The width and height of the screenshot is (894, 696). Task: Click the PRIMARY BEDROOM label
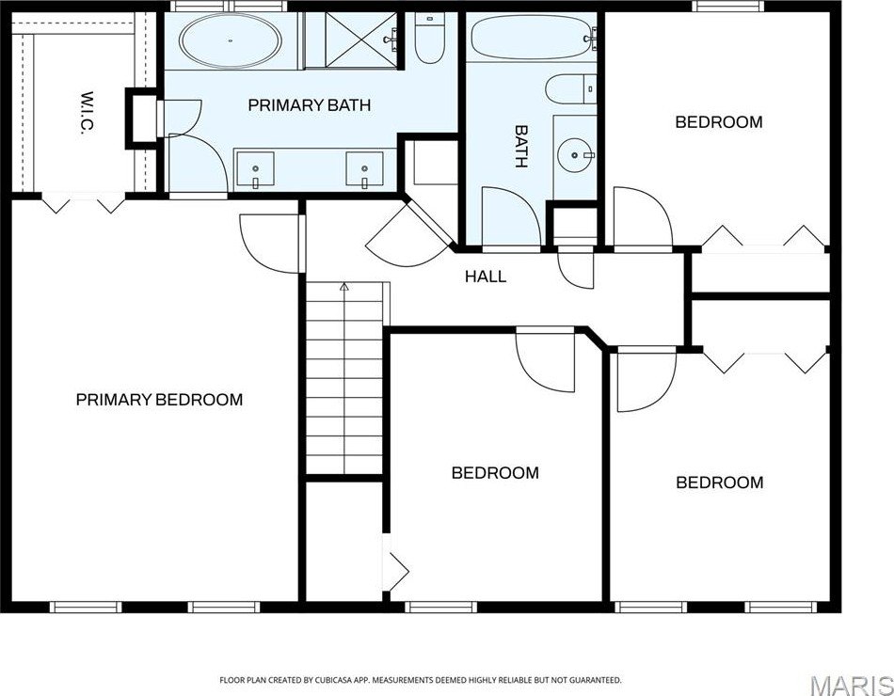[x=159, y=400]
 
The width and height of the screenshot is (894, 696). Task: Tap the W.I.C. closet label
[x=84, y=114]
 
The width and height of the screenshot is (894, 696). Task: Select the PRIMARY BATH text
[x=309, y=105]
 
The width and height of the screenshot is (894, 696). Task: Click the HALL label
[x=486, y=277]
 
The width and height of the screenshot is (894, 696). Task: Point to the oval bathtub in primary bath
[x=230, y=41]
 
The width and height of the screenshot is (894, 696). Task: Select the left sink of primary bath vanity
[x=255, y=169]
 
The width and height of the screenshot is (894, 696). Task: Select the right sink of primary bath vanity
[x=364, y=169]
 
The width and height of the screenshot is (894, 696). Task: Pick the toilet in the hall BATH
[x=572, y=89]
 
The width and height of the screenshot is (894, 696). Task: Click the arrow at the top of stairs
[x=344, y=285]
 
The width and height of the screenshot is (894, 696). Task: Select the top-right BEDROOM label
[x=719, y=122]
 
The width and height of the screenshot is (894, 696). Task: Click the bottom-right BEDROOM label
[x=720, y=482]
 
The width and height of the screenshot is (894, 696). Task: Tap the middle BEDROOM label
[x=495, y=473]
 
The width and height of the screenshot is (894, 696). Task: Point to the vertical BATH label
[x=520, y=147]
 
